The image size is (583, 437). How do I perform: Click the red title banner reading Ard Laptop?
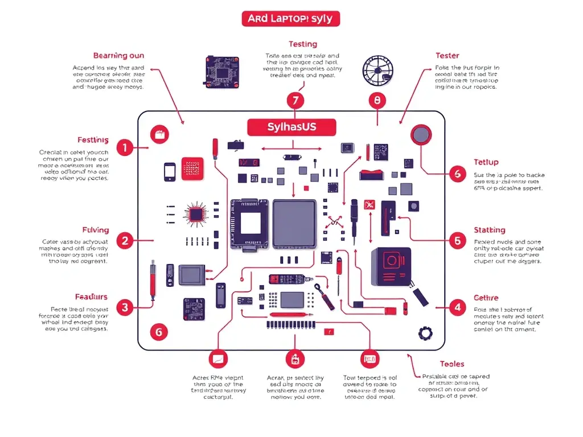point(290,19)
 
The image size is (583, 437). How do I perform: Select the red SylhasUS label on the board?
point(291,127)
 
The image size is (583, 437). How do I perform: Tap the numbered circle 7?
point(294,101)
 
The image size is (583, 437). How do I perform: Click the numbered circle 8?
point(377,101)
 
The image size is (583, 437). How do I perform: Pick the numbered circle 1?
point(125,149)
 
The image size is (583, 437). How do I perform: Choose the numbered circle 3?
point(125,308)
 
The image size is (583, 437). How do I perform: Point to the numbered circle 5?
point(457,241)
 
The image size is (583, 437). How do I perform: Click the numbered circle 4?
point(457,308)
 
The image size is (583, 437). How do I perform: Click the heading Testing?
point(303,44)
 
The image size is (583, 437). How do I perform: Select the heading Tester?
point(447,55)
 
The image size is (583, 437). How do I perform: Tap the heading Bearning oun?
point(118,55)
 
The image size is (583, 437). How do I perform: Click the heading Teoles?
point(451,364)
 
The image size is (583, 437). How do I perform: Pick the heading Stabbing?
point(489,230)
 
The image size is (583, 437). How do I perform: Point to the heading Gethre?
point(486,298)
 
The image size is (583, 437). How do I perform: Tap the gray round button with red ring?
point(421,135)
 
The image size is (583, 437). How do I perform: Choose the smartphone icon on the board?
point(170,172)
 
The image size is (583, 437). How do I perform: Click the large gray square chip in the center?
point(294,224)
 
